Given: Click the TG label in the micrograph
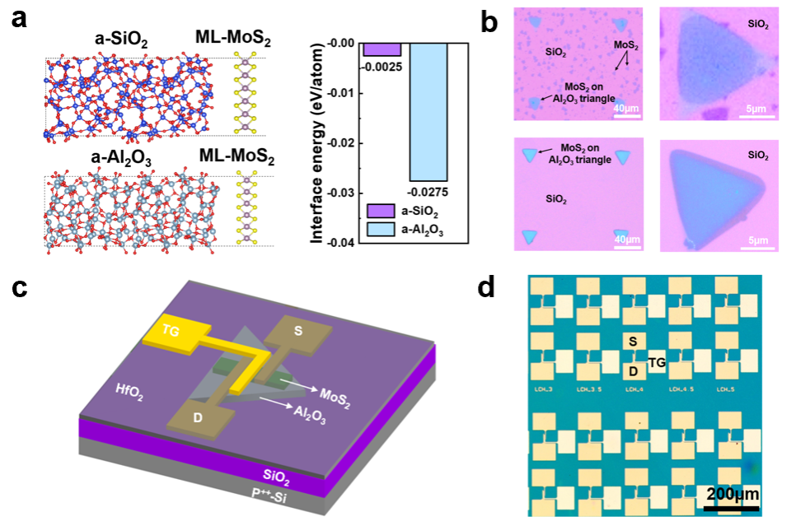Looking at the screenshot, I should [x=658, y=361].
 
